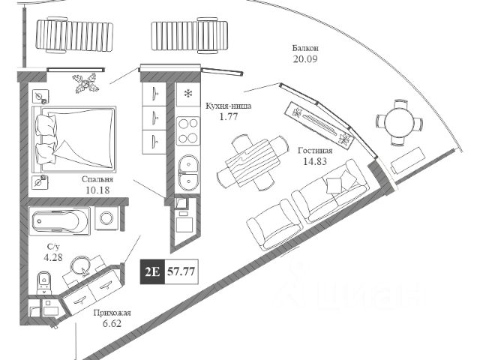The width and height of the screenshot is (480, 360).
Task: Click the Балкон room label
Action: coord(306,48)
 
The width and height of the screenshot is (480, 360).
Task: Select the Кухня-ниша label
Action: coord(228,106)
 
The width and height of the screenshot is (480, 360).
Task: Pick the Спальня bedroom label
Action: coord(98,180)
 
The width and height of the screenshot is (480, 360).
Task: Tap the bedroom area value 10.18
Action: coord(98,190)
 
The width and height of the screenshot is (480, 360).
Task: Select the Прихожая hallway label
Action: coord(113,314)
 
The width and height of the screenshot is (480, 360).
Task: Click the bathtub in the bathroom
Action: coord(60,220)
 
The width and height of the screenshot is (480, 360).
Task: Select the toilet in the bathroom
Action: coord(43,283)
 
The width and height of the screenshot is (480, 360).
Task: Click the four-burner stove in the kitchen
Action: coord(187,130)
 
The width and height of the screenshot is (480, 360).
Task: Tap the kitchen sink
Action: coord(187,166)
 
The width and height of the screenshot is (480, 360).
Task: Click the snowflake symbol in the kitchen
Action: coord(187,95)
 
